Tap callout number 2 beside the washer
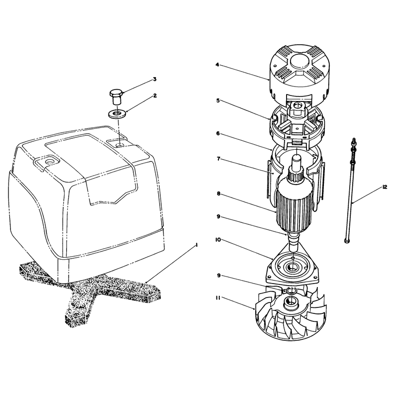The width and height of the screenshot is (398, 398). click(155, 96)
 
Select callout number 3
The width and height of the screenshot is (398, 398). click(155, 79)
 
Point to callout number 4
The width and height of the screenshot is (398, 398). click(217, 65)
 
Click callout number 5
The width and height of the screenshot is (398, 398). click(218, 100)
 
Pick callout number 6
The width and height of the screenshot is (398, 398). click(218, 133)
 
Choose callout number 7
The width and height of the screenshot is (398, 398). click(218, 159)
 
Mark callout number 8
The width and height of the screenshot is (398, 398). click(218, 194)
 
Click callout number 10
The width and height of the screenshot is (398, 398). click(218, 240)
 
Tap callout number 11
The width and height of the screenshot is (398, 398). click(218, 298)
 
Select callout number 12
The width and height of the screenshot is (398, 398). click(385, 187)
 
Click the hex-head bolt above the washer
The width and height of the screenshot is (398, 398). click(116, 97)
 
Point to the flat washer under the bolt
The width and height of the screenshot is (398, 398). click(117, 113)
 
